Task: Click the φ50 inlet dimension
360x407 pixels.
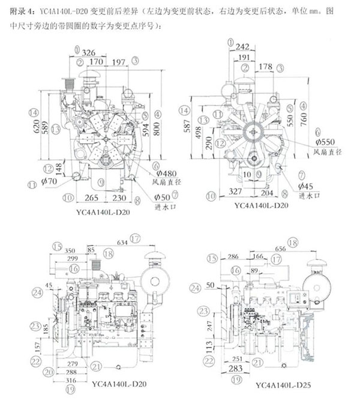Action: pos(161,196)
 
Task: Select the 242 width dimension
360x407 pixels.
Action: pos(243,47)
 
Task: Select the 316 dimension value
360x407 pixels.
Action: pos(71,381)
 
